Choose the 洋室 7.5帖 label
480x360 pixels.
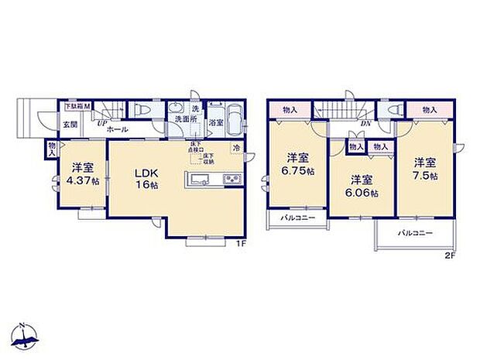423,170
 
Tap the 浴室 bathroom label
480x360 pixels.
216,122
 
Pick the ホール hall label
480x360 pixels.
118,129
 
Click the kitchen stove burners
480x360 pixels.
231,180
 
